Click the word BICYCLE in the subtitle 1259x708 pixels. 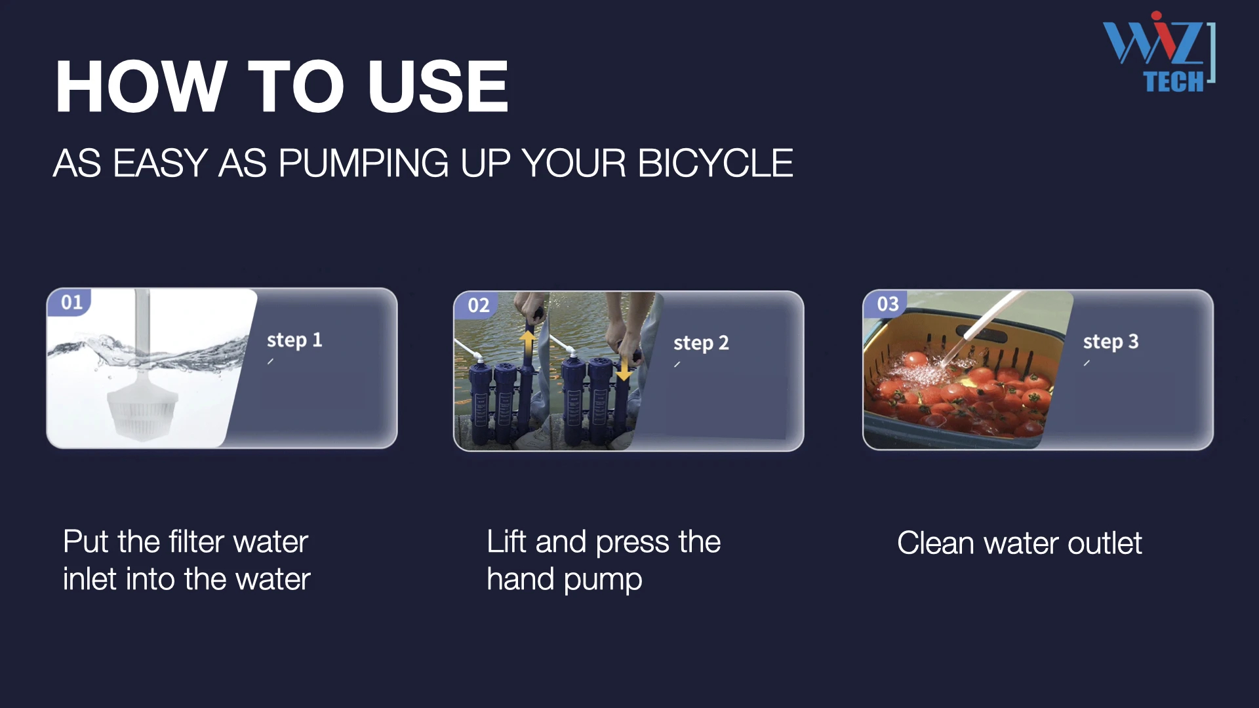point(715,163)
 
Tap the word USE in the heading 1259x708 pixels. point(438,87)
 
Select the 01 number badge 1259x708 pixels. point(71,302)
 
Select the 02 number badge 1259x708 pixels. point(478,305)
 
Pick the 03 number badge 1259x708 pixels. point(887,304)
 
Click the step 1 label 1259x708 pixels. point(294,340)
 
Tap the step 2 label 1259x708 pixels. point(701,343)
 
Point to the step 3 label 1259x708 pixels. point(1111,342)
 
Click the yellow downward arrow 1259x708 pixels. point(624,368)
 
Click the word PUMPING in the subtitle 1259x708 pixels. point(364,163)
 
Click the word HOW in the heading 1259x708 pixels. point(142,87)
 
